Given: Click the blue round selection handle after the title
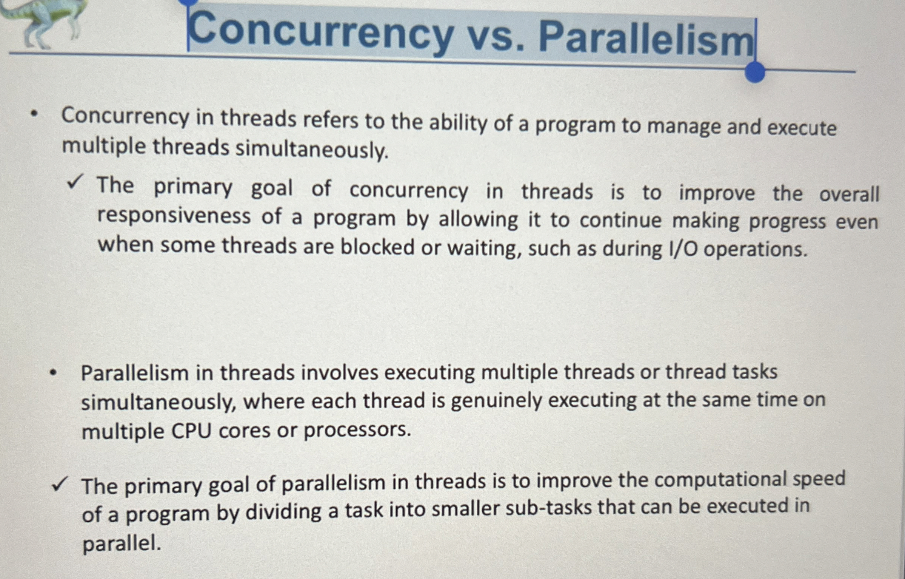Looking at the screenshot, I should tap(754, 71).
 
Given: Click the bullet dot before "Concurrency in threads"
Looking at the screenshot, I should tap(35, 114).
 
